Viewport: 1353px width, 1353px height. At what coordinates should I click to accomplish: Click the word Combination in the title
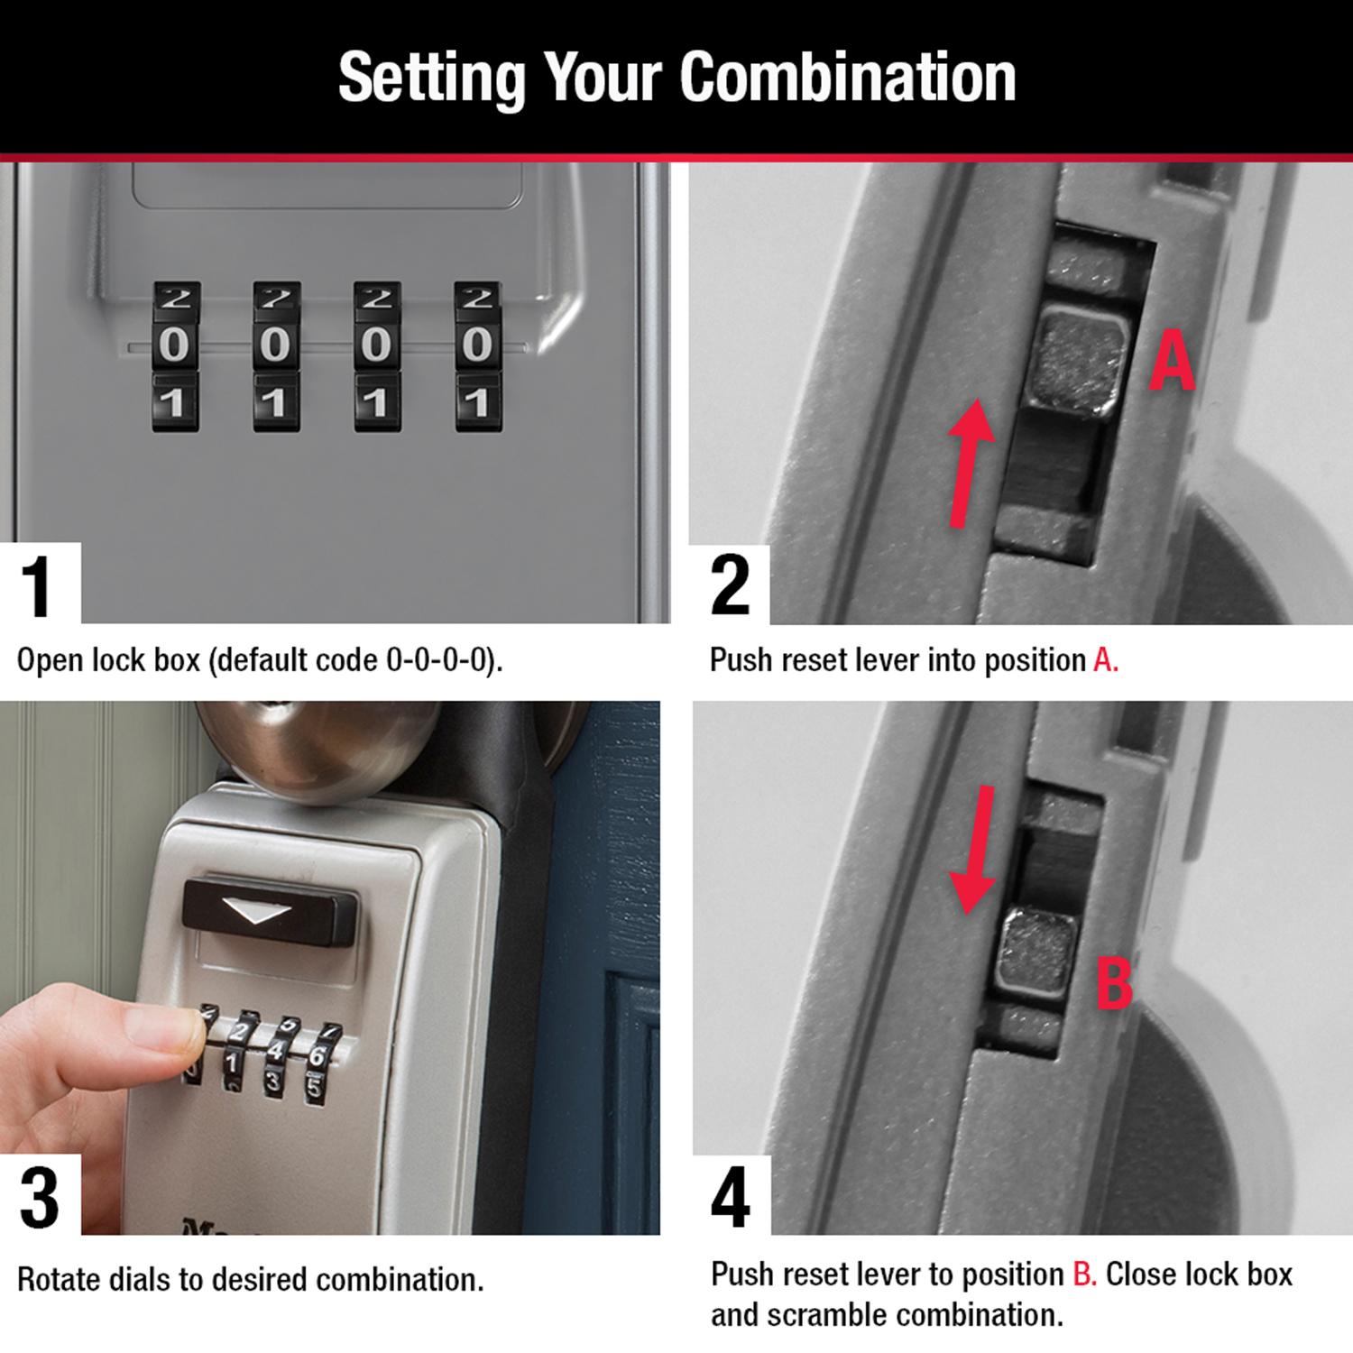848,78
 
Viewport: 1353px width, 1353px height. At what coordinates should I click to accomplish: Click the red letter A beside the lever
1171,363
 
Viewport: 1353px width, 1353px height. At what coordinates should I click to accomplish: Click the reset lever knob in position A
1079,359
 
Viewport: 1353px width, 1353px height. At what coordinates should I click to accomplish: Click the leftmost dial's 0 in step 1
175,345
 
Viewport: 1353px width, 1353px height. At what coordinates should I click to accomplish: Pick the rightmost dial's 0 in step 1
477,345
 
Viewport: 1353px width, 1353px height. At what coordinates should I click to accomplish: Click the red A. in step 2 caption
1105,660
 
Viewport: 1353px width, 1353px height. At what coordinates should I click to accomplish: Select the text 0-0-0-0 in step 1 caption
438,660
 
